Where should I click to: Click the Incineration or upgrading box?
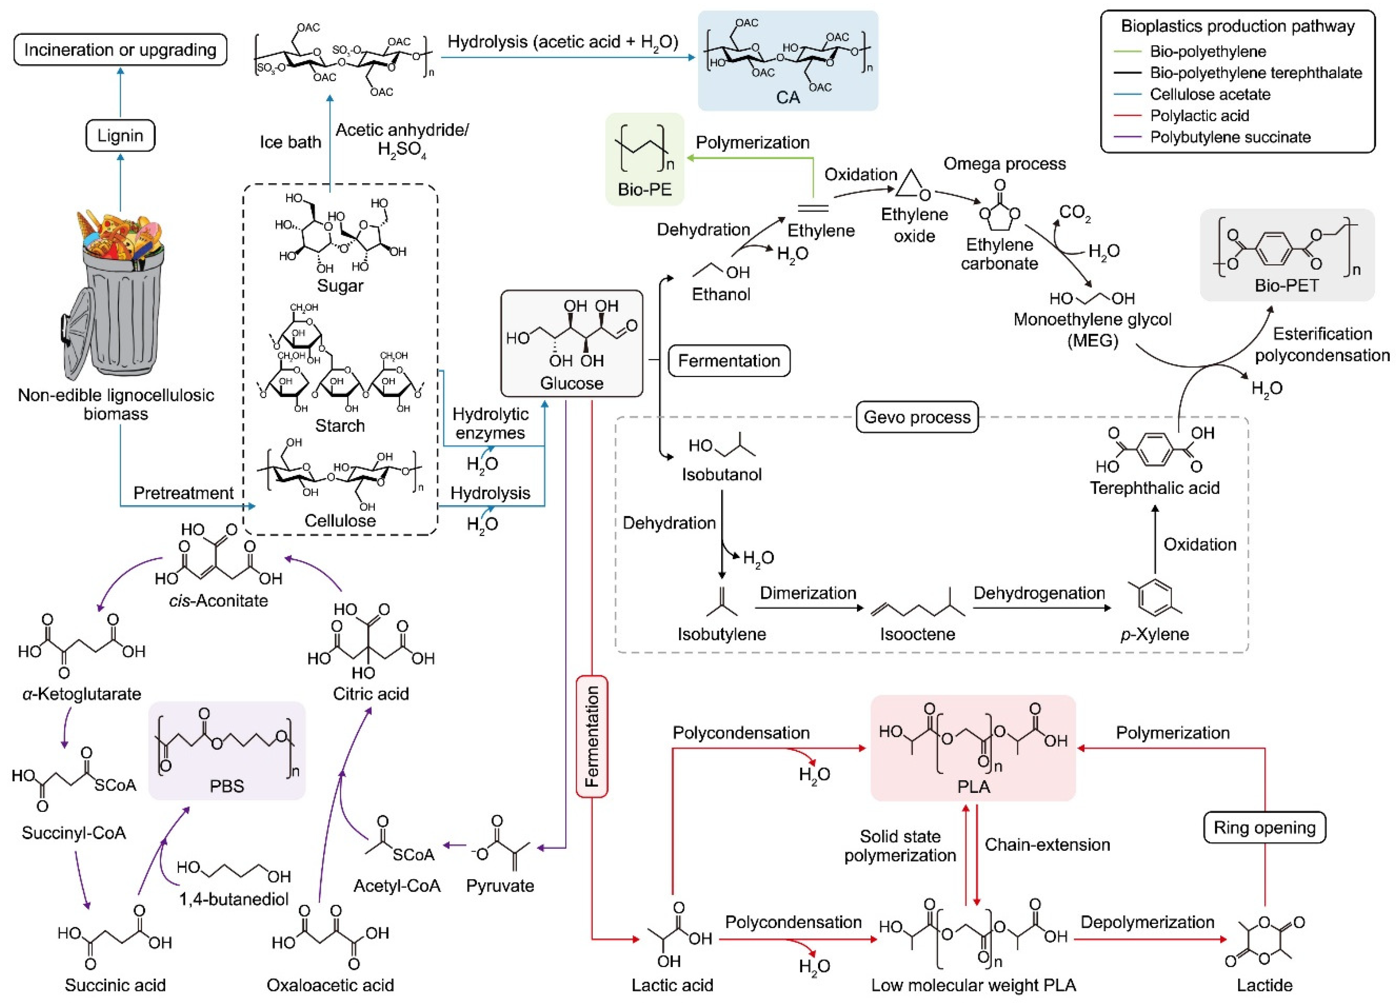tap(120, 50)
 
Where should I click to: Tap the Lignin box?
tap(120, 136)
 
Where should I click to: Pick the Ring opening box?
tap(1264, 828)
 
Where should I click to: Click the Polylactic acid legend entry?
tap(1199, 116)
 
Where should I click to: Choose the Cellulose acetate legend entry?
tap(1210, 94)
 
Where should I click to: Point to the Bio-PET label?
tap(1286, 286)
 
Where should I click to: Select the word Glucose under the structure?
tap(571, 383)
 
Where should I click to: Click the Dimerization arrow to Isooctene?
tap(808, 608)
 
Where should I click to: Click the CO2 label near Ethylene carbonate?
tap(1075, 213)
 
